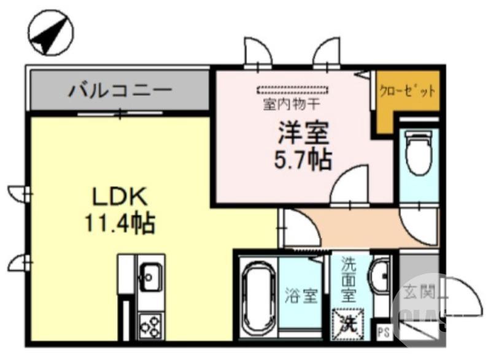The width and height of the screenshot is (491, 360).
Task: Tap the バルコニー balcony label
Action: click(x=120, y=92)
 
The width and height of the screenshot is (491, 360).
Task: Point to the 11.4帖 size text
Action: click(x=120, y=222)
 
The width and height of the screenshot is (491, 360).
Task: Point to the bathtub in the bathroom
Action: click(x=255, y=297)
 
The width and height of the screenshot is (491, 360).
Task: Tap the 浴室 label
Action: click(x=301, y=297)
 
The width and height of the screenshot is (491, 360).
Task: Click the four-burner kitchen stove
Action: click(x=150, y=324)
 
